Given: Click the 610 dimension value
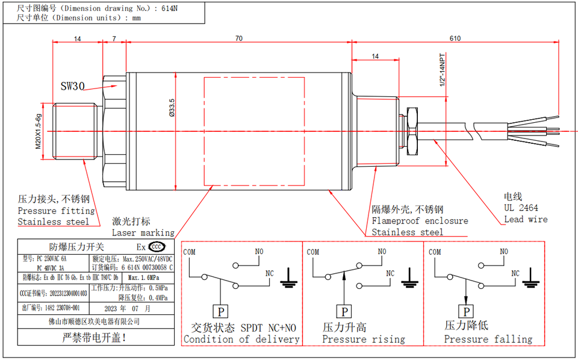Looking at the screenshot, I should tap(455, 39).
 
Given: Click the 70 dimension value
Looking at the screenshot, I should tap(238, 39).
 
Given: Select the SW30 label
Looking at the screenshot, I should tap(73, 86).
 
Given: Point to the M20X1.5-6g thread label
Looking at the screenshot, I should tap(38, 131).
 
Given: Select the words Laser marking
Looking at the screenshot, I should tap(143, 232).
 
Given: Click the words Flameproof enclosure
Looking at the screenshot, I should tap(420, 221).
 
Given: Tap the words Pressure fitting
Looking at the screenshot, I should tap(56, 211).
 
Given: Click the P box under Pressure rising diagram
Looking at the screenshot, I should tap(345, 311).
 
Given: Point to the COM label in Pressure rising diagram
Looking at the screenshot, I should tap(313, 252).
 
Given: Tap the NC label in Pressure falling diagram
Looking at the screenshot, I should tap(515, 273).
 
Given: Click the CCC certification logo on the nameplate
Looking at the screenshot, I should tap(157, 247).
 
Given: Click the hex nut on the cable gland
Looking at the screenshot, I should tap(412, 130).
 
